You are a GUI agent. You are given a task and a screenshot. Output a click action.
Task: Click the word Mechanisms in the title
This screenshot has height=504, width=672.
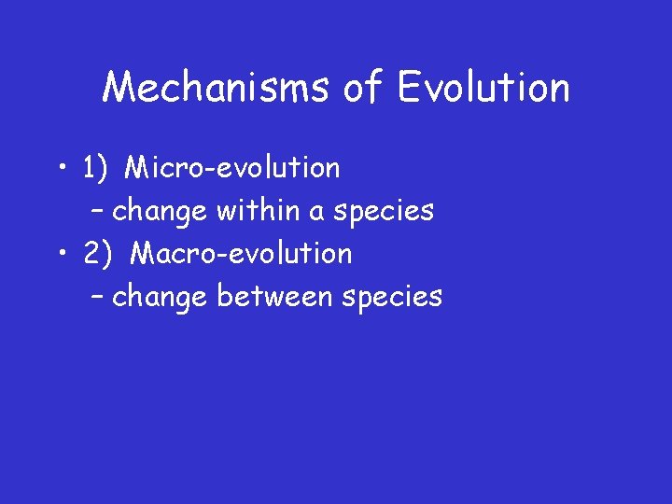[217, 89]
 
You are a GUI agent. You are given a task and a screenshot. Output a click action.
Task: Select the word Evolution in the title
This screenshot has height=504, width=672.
[483, 89]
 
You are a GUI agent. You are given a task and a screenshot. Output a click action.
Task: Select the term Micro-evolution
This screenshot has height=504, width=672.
[232, 169]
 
